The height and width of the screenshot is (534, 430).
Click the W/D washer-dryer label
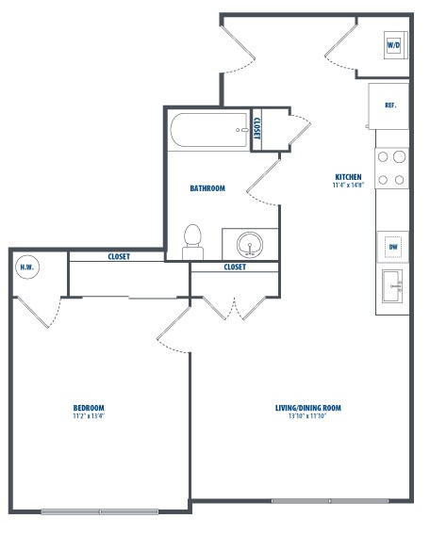[393, 45]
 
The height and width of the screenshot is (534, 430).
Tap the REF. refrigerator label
[390, 105]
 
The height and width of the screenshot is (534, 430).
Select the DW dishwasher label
[393, 247]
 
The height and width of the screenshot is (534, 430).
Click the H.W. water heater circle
[27, 267]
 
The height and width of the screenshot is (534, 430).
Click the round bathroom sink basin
[250, 245]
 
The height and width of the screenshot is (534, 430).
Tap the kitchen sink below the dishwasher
[392, 286]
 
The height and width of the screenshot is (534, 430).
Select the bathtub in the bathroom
[208, 130]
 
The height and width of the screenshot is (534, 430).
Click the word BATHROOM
[207, 188]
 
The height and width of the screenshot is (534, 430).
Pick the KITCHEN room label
[348, 177]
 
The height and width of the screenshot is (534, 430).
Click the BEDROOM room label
[89, 408]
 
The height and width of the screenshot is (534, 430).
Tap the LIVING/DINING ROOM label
[308, 408]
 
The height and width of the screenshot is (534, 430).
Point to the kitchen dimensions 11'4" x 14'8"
[349, 186]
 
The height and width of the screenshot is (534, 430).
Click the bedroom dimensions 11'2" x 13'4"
[89, 416]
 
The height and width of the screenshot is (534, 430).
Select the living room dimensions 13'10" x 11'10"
[307, 416]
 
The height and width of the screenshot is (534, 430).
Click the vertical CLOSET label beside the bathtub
[256, 128]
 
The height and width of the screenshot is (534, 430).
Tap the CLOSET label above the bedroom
[119, 256]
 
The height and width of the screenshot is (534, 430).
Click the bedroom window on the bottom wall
[100, 511]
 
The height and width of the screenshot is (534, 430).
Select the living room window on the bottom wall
[330, 501]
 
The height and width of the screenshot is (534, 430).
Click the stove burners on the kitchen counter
[391, 169]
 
